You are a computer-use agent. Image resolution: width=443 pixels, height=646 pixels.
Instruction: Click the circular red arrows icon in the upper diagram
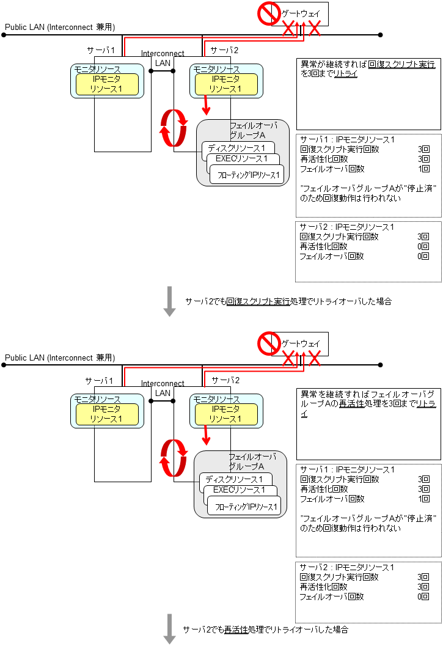point(173,128)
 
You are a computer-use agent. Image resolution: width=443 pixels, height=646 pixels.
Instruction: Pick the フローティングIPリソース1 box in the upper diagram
point(248,176)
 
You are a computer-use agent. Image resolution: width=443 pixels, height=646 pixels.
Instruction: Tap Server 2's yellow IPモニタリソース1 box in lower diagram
point(226,414)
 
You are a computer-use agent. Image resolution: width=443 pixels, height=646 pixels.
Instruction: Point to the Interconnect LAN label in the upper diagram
point(163,58)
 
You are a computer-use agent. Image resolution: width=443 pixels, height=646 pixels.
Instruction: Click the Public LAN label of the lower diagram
point(59,358)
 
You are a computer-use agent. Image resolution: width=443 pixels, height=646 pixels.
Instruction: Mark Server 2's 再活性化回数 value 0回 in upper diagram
point(423,246)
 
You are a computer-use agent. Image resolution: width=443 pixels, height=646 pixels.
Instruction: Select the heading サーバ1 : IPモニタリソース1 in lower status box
point(346,469)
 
